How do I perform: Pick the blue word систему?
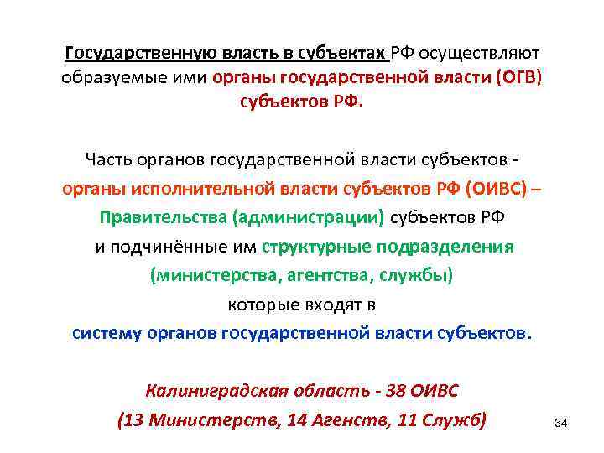pyautogui.click(x=107, y=332)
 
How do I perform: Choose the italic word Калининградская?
pyautogui.click(x=219, y=391)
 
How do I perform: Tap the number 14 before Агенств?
pyautogui.click(x=298, y=419)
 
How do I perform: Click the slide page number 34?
pyautogui.click(x=561, y=424)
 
